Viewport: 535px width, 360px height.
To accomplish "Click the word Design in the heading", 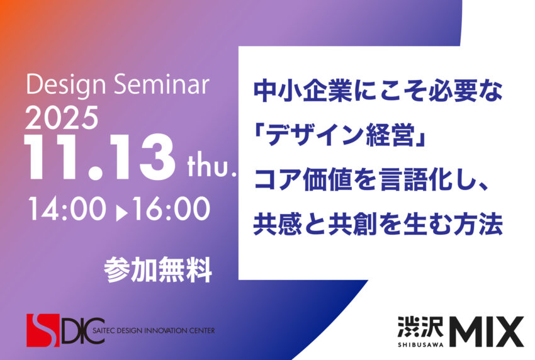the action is coord(66,85).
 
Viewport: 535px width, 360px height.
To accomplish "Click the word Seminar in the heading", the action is coord(162,84).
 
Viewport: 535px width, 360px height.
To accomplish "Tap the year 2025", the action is coord(62,118).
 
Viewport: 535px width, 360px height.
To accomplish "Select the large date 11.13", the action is coord(99,157).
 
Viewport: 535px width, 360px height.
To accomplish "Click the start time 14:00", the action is coord(67,209).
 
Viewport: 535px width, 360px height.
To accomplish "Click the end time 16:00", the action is coord(171,209).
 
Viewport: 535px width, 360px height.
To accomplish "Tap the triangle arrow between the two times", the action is coord(121,213).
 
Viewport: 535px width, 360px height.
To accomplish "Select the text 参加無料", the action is coord(158,269).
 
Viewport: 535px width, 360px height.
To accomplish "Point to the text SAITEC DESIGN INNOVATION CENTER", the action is coord(154,330).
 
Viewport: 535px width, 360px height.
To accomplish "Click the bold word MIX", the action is coord(486,331).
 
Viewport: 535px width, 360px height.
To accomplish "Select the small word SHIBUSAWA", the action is coord(420,344).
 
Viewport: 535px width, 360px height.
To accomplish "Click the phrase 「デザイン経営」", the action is coord(340,135).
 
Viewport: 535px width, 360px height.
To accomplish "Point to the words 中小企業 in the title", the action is coord(303,91).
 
